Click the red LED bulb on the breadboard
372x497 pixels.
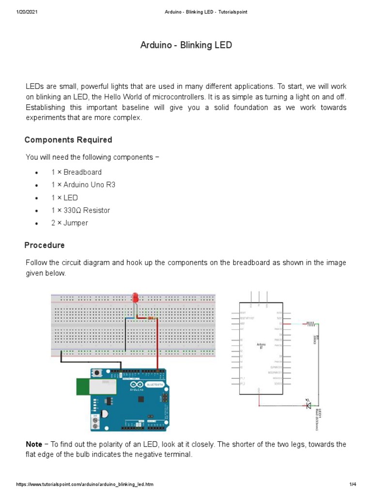point(135,297)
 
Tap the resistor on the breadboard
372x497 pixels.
point(151,318)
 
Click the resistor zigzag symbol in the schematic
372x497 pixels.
point(310,323)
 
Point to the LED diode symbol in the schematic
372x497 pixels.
point(308,404)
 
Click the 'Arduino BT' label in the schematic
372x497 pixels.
point(261,346)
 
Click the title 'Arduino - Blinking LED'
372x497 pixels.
point(186,45)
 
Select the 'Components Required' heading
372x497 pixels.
point(68,140)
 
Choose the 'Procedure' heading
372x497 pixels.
point(45,245)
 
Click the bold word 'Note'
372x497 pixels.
point(34,445)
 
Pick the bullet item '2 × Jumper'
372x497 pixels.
point(70,223)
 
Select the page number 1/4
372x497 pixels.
point(353,484)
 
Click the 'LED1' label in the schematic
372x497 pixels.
point(320,413)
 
